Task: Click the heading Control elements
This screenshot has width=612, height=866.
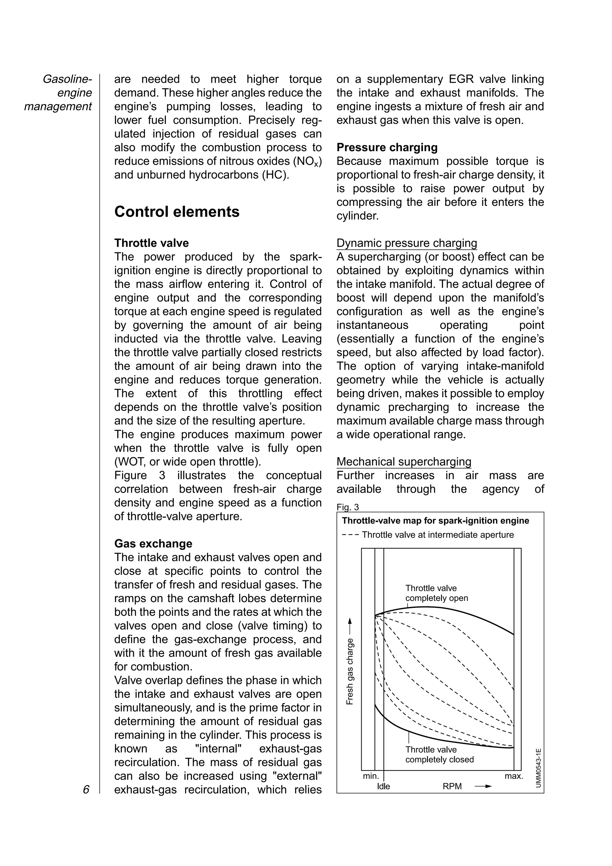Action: click(177, 212)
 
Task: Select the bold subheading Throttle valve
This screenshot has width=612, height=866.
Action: click(151, 243)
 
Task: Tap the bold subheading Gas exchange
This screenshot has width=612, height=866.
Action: click(153, 544)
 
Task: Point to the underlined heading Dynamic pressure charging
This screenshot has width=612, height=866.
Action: click(406, 243)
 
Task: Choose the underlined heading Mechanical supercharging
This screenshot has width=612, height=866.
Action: click(403, 462)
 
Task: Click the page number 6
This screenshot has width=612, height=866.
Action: click(86, 790)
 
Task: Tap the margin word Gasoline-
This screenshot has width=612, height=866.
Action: click(67, 79)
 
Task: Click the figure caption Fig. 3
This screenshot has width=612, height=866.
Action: click(347, 507)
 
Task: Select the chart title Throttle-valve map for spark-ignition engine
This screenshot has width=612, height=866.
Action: click(435, 521)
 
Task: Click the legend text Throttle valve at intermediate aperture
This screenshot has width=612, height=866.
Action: click(437, 535)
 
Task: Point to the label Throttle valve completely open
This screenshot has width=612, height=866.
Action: click(436, 593)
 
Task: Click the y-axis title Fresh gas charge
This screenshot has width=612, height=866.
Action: click(350, 671)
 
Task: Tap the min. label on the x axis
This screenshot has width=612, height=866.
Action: click(371, 776)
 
